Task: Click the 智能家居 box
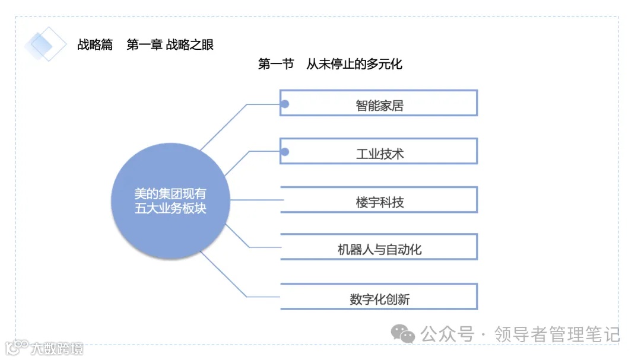click(379, 103)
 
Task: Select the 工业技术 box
click(379, 151)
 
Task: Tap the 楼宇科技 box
click(379, 200)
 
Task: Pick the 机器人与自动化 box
click(379, 247)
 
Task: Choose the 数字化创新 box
click(379, 297)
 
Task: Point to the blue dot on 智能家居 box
click(285, 104)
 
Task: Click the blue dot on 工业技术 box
click(285, 152)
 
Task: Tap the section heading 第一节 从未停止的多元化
click(330, 64)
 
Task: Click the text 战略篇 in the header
click(95, 44)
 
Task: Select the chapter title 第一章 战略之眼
click(170, 44)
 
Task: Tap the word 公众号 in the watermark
click(448, 334)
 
